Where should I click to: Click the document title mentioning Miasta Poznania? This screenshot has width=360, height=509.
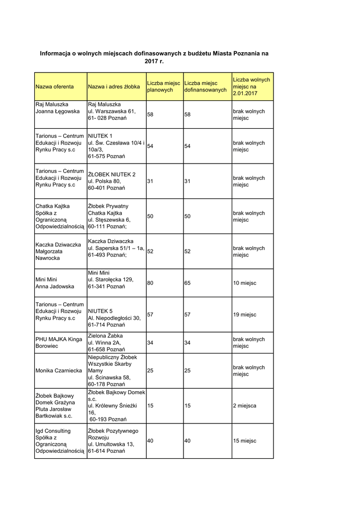tap(154, 57)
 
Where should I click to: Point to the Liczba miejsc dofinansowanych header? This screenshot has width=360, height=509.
tap(205, 86)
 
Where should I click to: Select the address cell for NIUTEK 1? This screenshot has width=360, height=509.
tap(116, 146)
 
